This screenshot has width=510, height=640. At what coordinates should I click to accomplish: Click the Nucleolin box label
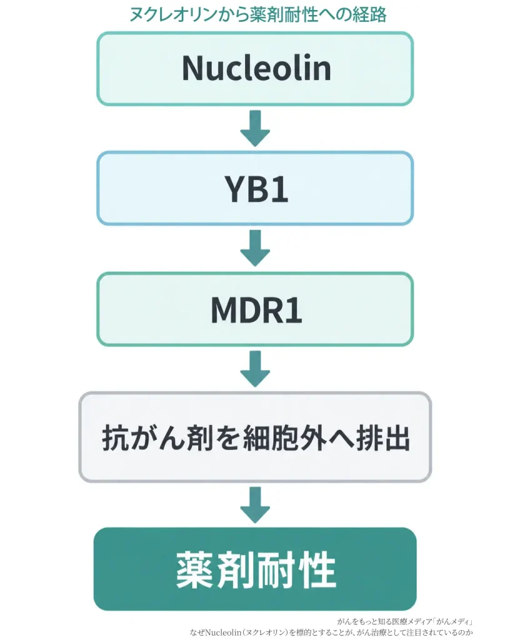pos(256,68)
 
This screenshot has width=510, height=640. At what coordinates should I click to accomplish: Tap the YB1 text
pos(256,189)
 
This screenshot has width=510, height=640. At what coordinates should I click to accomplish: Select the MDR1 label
pos(256,311)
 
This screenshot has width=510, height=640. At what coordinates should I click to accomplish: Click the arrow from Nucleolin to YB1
pos(255,128)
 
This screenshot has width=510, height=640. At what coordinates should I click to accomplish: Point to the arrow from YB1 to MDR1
pos(255,248)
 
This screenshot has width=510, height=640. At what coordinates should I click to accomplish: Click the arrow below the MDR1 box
pos(255,369)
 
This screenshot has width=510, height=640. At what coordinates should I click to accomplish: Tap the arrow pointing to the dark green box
pos(255,505)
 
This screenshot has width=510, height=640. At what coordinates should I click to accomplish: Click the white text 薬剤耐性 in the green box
pos(256,570)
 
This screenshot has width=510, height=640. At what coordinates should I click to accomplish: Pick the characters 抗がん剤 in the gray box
pos(157,438)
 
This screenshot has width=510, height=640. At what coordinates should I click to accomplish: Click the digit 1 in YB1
pos(280,189)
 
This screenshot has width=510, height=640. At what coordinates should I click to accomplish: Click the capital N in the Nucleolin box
pos(192,68)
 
